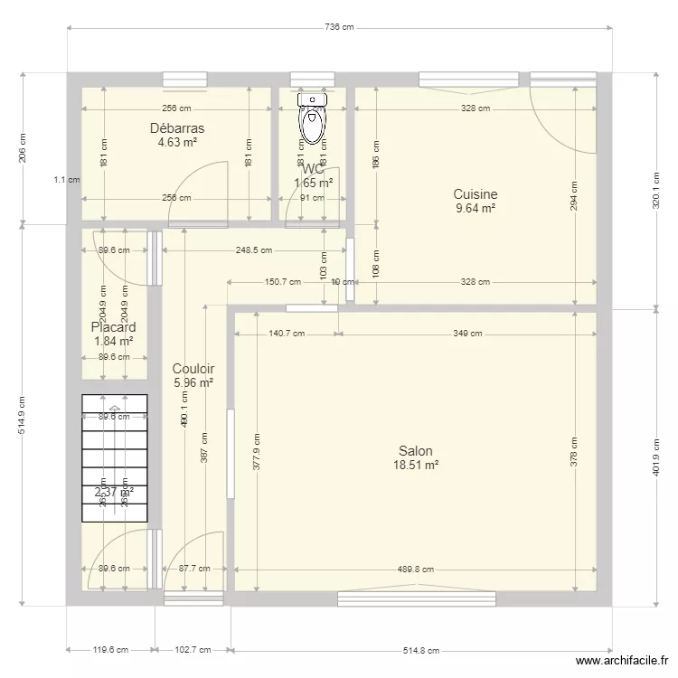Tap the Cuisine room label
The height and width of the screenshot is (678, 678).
[x=476, y=193]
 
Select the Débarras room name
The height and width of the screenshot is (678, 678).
[x=177, y=128]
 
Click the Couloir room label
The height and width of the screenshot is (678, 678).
[x=193, y=368]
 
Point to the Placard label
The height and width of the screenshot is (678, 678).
[x=114, y=327]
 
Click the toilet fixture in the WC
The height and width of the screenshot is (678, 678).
[x=313, y=119]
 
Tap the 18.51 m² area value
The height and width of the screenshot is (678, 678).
[x=416, y=466]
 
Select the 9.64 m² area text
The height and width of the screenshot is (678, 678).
[x=476, y=208]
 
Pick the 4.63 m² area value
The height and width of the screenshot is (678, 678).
[x=177, y=142]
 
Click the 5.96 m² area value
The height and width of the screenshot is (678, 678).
[x=193, y=382]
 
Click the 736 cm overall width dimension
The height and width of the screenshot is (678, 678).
[x=338, y=28]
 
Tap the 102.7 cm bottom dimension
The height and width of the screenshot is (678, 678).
[x=192, y=650]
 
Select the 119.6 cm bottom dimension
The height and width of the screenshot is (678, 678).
[x=109, y=650]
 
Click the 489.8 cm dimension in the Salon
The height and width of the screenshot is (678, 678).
[x=416, y=570]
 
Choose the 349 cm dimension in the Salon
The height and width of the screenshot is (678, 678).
[x=467, y=334]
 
